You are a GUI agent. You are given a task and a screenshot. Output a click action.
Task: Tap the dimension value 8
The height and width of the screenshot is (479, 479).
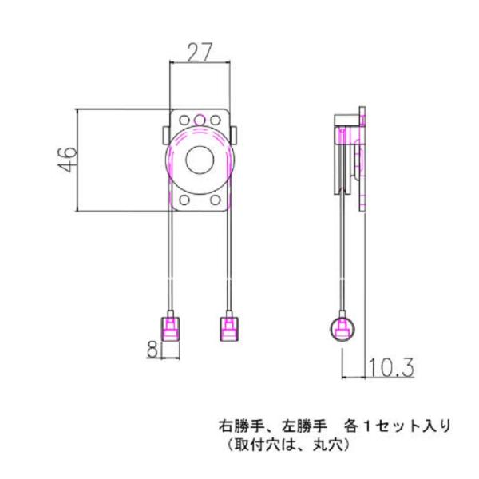point(152,347)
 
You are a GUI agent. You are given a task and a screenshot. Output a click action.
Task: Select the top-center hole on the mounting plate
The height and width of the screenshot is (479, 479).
point(200,120)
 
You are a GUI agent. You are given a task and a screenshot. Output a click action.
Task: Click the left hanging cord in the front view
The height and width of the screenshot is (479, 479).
point(171,255)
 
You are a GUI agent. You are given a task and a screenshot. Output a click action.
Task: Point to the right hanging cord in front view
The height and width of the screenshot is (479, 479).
point(228,255)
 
